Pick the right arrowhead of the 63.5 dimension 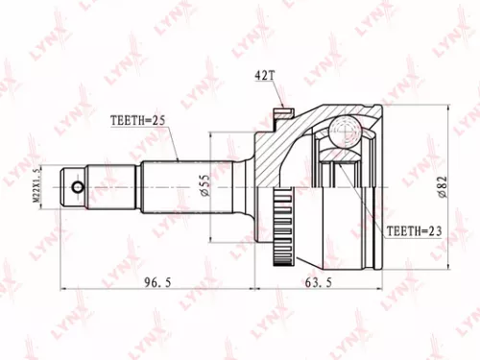point(381,286)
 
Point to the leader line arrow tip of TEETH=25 point(178,158)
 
